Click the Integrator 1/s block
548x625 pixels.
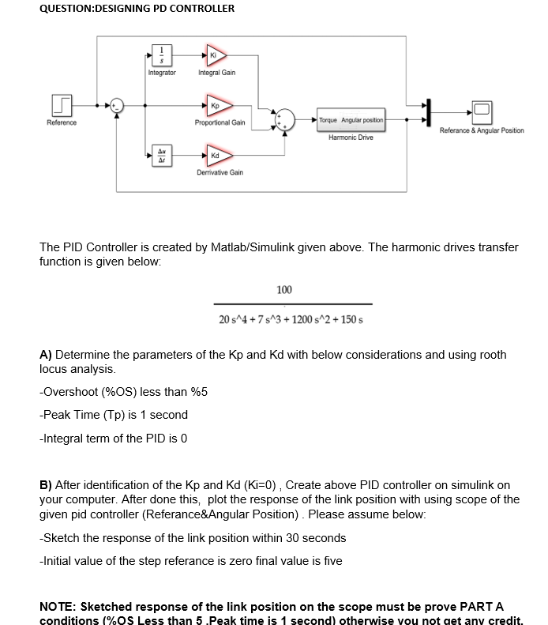[162, 56]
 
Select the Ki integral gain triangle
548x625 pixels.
[216, 55]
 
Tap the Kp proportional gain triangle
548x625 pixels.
[216, 104]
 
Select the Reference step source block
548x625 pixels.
[62, 104]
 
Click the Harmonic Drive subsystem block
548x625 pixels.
[351, 120]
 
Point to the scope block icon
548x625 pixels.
[482, 110]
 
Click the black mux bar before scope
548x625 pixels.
[429, 111]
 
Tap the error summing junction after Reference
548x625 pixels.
[117, 104]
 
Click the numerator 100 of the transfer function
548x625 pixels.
[284, 291]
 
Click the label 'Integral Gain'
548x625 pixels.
[216, 73]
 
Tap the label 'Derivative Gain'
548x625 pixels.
[220, 171]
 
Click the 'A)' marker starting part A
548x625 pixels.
[46, 355]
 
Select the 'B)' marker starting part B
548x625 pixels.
[46, 484]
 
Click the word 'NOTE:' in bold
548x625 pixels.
[59, 607]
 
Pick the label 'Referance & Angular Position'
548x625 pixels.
[481, 130]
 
